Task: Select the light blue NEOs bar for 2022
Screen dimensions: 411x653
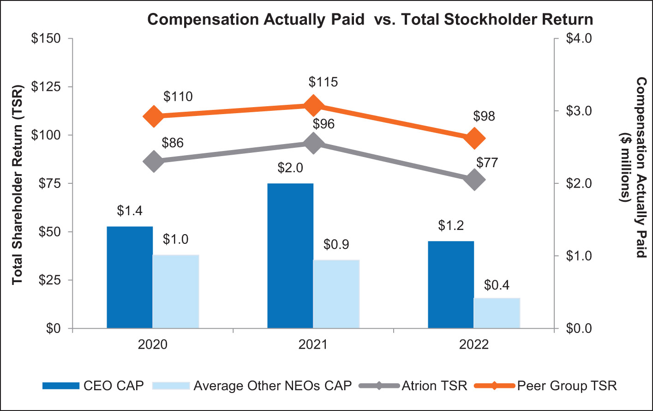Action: pos(497,313)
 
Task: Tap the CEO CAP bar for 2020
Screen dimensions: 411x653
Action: pos(130,277)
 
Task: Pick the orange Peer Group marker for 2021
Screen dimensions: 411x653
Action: pos(313,106)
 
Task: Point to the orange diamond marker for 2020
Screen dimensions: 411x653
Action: pos(154,116)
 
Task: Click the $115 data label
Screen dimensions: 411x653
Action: pos(323,82)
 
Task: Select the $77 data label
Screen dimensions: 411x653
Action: pos(487,163)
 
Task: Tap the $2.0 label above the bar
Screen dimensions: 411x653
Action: pos(290,168)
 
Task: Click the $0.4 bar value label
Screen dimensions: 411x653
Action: pos(497,285)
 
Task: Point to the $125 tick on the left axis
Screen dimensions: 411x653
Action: pos(46,87)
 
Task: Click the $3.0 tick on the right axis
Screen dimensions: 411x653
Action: pos(579,111)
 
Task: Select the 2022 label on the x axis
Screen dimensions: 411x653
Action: pos(473,345)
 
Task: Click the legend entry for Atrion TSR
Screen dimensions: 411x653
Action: pos(434,386)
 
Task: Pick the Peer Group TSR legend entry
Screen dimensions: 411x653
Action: pos(567,386)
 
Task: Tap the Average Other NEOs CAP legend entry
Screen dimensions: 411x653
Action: pos(272,386)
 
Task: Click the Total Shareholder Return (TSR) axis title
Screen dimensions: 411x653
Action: pos(18,185)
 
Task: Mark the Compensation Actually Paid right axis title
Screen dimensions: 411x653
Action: pos(641,168)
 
